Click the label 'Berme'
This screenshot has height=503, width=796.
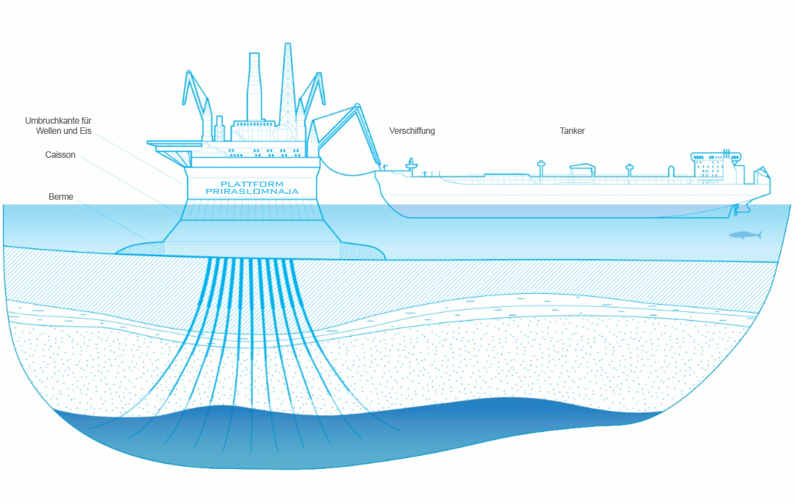[61, 196]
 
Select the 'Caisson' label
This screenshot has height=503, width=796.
[60, 155]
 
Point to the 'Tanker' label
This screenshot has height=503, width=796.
[572, 131]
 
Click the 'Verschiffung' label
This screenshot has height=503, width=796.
[412, 131]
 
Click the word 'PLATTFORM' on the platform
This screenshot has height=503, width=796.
[253, 184]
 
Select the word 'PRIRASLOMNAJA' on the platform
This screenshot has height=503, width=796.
[253, 191]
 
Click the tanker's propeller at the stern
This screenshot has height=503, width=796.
[736, 210]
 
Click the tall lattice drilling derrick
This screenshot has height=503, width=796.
[288, 86]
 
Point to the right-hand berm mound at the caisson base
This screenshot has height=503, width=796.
[361, 251]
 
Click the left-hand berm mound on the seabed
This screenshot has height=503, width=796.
[140, 248]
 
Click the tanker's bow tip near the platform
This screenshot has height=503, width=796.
[376, 172]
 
